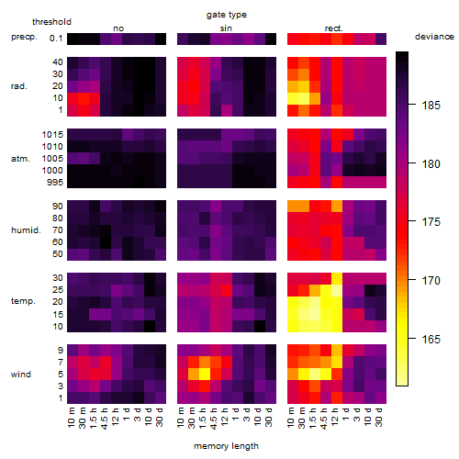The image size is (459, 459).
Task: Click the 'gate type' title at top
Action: pos(227,15)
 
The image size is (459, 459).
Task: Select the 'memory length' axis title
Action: pos(226,446)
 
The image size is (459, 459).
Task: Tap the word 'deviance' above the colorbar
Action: pos(434,37)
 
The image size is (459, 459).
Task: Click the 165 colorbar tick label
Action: pos(431,339)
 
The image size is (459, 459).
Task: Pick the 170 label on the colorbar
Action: pos(431,280)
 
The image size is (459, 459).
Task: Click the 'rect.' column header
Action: pos(334,28)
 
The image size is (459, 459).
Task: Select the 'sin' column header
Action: pos(226,28)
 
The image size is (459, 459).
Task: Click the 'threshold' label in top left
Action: pos(51,22)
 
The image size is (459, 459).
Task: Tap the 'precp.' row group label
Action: pos(24,37)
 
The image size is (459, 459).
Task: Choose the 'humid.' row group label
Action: pos(26,230)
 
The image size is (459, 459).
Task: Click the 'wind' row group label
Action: pos(21,375)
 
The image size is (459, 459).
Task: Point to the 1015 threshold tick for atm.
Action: pos(52,135)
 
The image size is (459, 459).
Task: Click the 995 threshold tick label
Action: pos(55,183)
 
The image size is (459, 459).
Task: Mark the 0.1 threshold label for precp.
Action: pos(56,39)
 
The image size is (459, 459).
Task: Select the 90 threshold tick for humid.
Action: pos(58,207)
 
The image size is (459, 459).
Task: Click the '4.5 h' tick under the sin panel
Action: pos(214,419)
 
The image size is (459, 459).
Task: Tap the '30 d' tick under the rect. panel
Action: pos(379,417)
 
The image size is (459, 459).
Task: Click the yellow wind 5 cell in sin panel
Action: pos(205,374)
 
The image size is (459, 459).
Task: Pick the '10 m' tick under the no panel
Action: pos(72,417)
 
